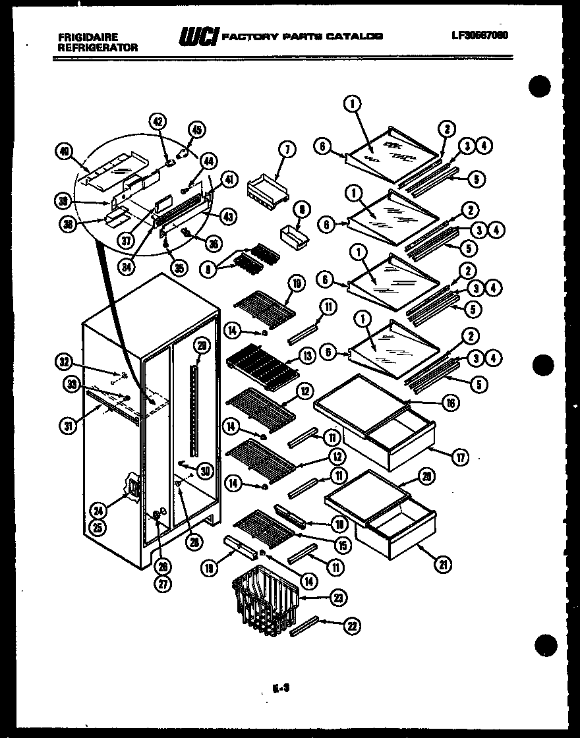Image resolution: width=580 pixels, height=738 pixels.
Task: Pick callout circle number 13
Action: click(306, 356)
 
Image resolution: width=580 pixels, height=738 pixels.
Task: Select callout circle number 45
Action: click(197, 130)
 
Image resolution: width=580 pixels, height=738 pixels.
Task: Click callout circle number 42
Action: click(158, 121)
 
